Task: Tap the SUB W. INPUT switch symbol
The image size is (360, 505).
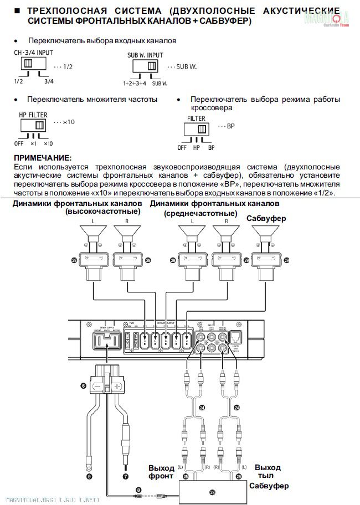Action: (x=146, y=66)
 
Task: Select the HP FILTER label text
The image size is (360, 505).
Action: (x=33, y=115)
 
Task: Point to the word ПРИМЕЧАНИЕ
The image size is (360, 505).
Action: (x=43, y=158)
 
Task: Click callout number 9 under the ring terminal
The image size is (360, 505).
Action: (x=89, y=475)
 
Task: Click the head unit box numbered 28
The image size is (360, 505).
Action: (x=212, y=491)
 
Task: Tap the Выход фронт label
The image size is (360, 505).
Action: (x=161, y=472)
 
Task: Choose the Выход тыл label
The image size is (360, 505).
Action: (x=268, y=471)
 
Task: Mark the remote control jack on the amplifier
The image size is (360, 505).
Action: (x=234, y=336)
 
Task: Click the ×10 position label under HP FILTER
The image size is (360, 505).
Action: (x=48, y=143)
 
